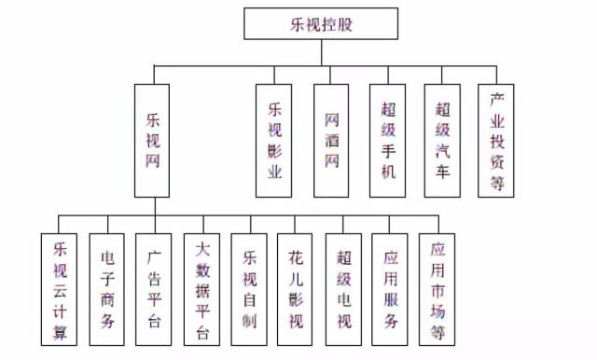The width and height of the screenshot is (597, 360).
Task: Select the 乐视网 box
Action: [153, 141]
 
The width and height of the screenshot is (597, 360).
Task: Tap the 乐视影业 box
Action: [274, 141]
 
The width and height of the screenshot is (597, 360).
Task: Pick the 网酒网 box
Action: [331, 141]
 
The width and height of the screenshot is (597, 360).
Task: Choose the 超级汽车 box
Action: [443, 141]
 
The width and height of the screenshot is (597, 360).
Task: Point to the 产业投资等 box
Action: [496, 141]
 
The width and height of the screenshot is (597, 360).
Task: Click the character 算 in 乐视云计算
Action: [61, 332]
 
